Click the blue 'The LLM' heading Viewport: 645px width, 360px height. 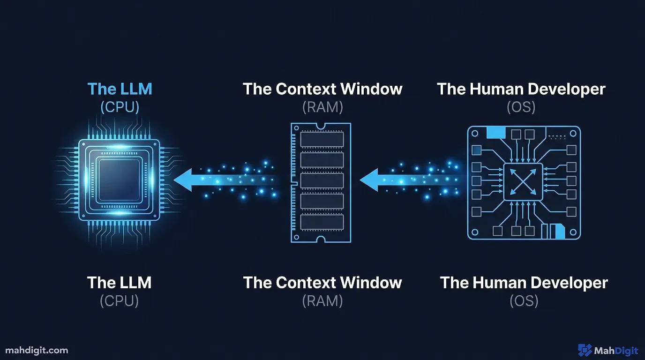pos(120,89)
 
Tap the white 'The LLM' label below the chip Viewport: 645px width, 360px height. pos(119,283)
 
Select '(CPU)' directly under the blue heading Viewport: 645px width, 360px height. pos(120,107)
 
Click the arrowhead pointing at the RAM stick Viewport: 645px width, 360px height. pos(369,180)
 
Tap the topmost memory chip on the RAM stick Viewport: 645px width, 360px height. pos(322,139)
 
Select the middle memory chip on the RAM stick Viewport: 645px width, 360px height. pos(322,180)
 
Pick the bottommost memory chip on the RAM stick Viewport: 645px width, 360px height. pos(322,222)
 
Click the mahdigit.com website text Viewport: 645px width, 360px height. pos(37,350)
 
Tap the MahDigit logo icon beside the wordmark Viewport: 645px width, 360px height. pos(585,350)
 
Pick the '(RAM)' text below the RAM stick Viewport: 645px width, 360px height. pos(322,300)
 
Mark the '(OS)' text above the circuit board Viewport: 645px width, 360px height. pos(521,107)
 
